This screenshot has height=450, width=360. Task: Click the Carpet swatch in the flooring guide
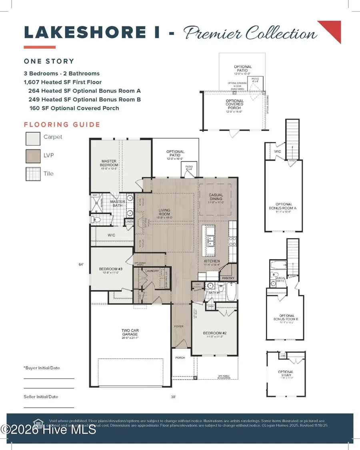(x=32, y=138)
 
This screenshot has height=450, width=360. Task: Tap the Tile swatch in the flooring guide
(x=32, y=174)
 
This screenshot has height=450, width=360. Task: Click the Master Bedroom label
(x=109, y=163)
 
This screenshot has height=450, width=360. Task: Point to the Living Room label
(x=164, y=212)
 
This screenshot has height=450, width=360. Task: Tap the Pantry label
(x=228, y=278)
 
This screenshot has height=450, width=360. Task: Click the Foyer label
(x=178, y=327)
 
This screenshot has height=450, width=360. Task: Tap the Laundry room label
(x=152, y=271)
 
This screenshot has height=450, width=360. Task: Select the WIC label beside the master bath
(x=111, y=235)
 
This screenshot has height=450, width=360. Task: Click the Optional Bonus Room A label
(x=284, y=206)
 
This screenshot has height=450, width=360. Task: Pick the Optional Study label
(x=286, y=374)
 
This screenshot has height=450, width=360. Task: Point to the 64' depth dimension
(x=82, y=264)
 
